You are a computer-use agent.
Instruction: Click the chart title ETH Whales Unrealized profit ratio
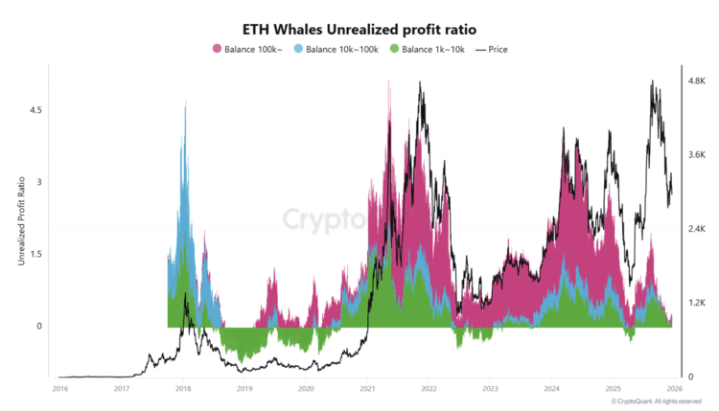point(359,29)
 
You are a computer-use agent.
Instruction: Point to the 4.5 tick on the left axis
point(36,110)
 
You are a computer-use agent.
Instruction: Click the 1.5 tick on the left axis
point(36,254)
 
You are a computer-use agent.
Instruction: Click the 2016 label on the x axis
point(59,389)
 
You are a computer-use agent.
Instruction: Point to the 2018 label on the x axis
point(182,389)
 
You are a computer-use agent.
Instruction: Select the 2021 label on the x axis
point(367,389)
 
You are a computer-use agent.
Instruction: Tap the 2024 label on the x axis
point(551,389)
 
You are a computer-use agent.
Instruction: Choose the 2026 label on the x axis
point(674,389)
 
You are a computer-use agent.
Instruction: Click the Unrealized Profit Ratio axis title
point(21,218)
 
